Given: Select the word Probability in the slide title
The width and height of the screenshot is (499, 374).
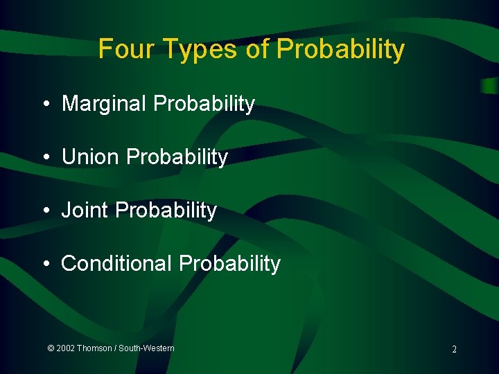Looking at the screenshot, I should click(x=340, y=49).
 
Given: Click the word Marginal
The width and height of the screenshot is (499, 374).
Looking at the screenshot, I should click(x=105, y=104).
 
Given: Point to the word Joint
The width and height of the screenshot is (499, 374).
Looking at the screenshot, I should click(x=85, y=211).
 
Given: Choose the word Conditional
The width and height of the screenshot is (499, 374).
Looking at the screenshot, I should click(x=116, y=264).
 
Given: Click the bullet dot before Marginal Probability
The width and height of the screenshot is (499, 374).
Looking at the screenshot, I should click(x=45, y=105).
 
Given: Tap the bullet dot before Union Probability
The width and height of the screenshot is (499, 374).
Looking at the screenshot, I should click(x=45, y=158).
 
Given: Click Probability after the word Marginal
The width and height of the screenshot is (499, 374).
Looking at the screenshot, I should click(x=204, y=104).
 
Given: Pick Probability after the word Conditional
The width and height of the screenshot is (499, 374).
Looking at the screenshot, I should click(x=229, y=264).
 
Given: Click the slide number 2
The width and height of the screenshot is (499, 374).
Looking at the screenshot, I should click(x=454, y=350).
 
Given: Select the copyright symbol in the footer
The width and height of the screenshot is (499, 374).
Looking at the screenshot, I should click(x=51, y=348).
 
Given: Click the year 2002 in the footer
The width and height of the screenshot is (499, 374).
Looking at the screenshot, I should click(x=66, y=348).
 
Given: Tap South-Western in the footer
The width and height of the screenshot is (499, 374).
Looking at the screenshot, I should click(x=146, y=348).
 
